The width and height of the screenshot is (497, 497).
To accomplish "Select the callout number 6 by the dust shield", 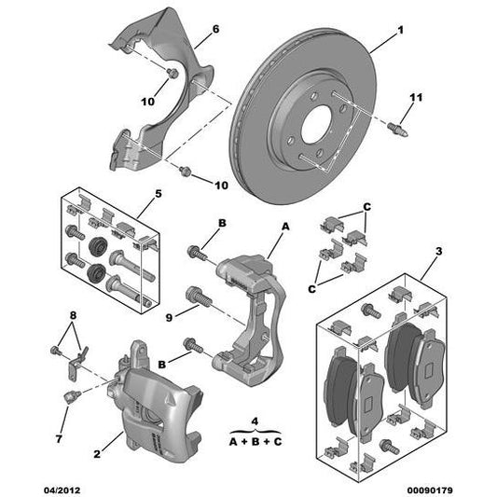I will tap(216, 30).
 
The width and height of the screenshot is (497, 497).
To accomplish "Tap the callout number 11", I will tap(417, 97).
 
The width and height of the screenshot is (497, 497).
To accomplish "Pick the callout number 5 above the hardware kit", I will tap(158, 193).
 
